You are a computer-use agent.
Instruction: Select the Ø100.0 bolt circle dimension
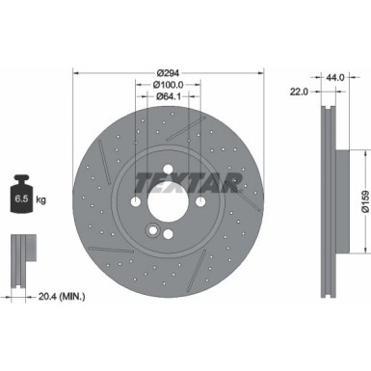point(170,84)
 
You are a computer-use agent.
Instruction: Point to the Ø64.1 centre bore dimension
point(170,96)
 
